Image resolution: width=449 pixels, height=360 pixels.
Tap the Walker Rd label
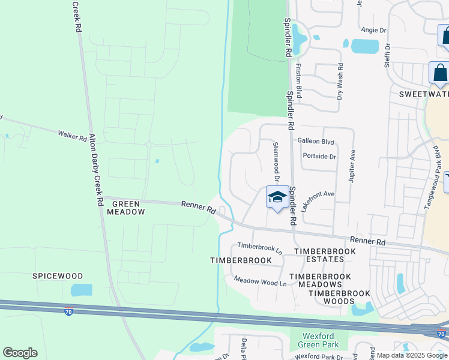[x=72, y=136]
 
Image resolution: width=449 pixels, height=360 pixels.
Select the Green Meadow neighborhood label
[x=125, y=208]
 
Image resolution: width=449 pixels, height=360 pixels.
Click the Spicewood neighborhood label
[x=58, y=276]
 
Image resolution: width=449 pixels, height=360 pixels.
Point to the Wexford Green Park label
[x=319, y=340]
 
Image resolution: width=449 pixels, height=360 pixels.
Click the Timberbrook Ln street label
[x=259, y=247]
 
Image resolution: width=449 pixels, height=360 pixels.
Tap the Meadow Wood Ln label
[x=260, y=280]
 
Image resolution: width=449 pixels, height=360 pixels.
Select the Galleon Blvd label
[x=316, y=141]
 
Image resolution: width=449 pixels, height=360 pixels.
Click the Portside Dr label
[x=319, y=156]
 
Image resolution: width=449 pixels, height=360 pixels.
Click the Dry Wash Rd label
[x=340, y=82]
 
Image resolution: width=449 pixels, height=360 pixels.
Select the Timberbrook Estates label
[x=319, y=254]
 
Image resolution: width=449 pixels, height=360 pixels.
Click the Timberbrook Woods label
[x=339, y=293]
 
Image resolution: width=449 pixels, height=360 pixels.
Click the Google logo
[x=20, y=353]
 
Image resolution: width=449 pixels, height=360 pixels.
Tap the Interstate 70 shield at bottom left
[x=69, y=312]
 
